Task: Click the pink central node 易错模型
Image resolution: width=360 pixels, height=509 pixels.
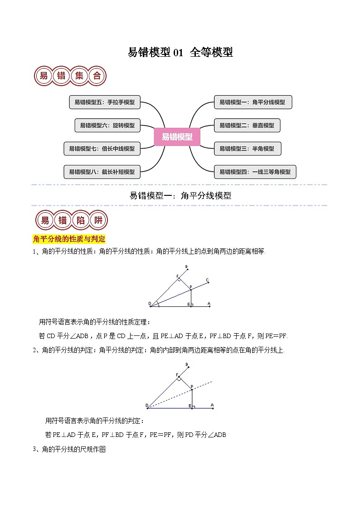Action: tap(177, 136)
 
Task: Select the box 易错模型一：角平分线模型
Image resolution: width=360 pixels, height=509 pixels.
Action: tap(253, 102)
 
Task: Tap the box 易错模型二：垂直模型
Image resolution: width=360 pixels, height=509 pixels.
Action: tap(247, 126)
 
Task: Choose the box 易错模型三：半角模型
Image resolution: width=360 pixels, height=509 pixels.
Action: tap(247, 148)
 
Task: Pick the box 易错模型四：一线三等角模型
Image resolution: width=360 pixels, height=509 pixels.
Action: tap(255, 172)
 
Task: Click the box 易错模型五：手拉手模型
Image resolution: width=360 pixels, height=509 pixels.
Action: tap(105, 102)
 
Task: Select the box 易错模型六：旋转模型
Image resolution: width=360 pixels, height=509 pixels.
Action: tap(107, 126)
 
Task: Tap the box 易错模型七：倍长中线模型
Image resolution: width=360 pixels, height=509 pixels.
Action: tap(102, 148)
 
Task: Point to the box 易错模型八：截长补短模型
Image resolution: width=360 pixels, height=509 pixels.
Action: tap(102, 172)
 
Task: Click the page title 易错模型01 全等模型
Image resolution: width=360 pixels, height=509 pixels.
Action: tap(180, 53)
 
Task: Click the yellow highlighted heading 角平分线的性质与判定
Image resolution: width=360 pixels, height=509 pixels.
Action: tap(69, 239)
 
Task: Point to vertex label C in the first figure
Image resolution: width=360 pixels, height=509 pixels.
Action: tap(207, 280)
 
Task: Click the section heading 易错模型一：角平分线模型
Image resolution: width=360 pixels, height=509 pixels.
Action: tap(180, 196)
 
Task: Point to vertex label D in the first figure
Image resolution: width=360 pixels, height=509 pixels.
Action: tap(149, 303)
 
